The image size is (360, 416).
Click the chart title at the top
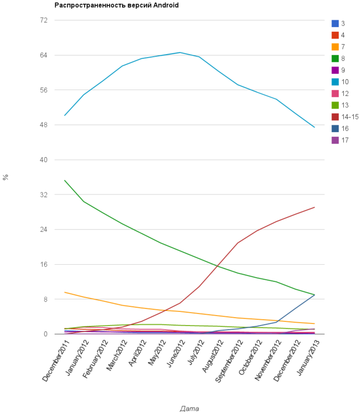pos(117,5)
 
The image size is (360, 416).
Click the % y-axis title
pos(6,177)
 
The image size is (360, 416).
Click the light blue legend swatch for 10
pos(336,82)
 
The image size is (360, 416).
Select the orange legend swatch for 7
pos(336,47)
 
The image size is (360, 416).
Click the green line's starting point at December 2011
pos(64,180)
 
